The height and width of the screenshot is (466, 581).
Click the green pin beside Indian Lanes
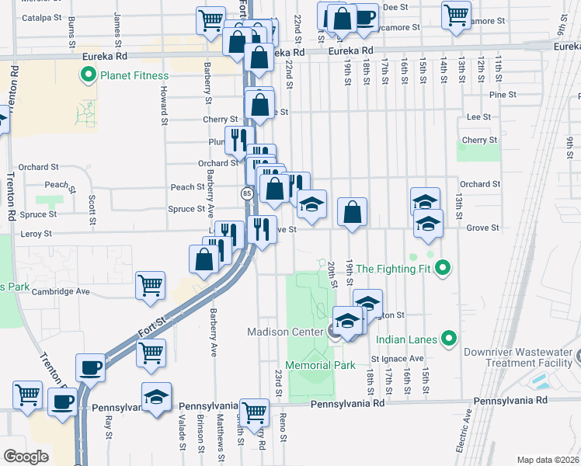448,339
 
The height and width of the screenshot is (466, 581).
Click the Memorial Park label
320,365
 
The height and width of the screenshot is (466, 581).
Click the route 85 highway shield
246,193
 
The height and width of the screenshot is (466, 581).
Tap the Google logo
25,457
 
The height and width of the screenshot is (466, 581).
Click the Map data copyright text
548,460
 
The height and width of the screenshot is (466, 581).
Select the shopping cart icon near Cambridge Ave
151,284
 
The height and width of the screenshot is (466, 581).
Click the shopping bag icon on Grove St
352,212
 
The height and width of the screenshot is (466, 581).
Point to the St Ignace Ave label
397,359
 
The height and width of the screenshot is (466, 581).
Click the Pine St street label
503,95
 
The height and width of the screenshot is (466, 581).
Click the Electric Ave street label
468,426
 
